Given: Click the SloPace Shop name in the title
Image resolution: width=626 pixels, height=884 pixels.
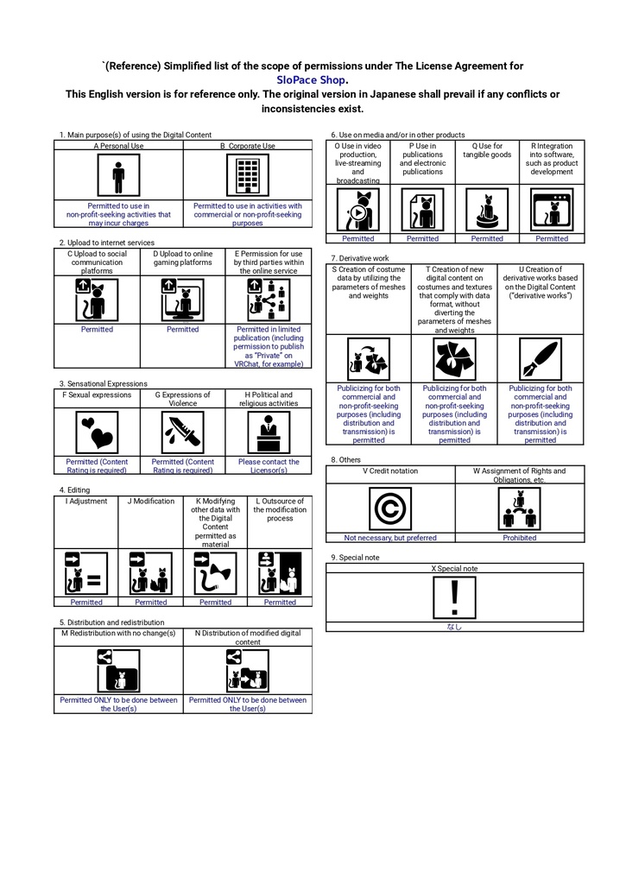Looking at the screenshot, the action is pos(311,80).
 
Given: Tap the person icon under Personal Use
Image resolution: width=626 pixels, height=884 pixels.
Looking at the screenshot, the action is pos(118,175).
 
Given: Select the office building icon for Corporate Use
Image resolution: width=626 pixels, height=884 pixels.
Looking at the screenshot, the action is pos(248,175).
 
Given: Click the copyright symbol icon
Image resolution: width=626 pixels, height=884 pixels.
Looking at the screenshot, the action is pos(390,508).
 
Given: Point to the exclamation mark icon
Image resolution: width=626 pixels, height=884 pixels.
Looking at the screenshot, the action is pos(454,598).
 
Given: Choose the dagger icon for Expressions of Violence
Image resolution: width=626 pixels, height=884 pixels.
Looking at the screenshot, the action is pos(183,433).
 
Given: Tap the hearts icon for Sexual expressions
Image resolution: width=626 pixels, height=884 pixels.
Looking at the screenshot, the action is pos(97,433).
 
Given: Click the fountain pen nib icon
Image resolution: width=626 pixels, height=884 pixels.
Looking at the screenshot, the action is pos(541,359).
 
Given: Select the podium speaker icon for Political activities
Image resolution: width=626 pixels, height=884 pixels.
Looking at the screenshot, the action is pos(269,433).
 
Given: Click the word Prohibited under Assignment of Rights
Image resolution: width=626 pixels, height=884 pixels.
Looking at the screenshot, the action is pos(520,538).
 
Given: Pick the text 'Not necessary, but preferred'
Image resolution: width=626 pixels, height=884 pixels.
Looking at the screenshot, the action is pos(390,538).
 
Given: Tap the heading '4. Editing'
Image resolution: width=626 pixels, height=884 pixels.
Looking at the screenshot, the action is pos(74,490).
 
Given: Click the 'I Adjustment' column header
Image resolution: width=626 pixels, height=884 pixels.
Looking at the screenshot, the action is pos(86,502).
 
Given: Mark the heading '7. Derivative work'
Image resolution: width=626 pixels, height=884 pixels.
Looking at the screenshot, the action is pos(360,258).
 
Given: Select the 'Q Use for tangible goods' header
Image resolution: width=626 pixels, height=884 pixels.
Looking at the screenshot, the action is pos(487,150).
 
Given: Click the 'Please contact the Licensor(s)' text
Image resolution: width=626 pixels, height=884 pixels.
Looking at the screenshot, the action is pos(269,465).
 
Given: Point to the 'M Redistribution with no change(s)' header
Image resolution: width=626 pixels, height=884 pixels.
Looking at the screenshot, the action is pos(118,633).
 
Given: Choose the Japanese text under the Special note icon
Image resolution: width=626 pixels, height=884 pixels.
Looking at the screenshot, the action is pos(454,627).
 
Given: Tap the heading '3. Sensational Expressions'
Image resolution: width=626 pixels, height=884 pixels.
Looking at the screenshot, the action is pos(104,383).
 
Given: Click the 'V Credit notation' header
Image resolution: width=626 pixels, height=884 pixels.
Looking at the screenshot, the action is pos(390,470).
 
